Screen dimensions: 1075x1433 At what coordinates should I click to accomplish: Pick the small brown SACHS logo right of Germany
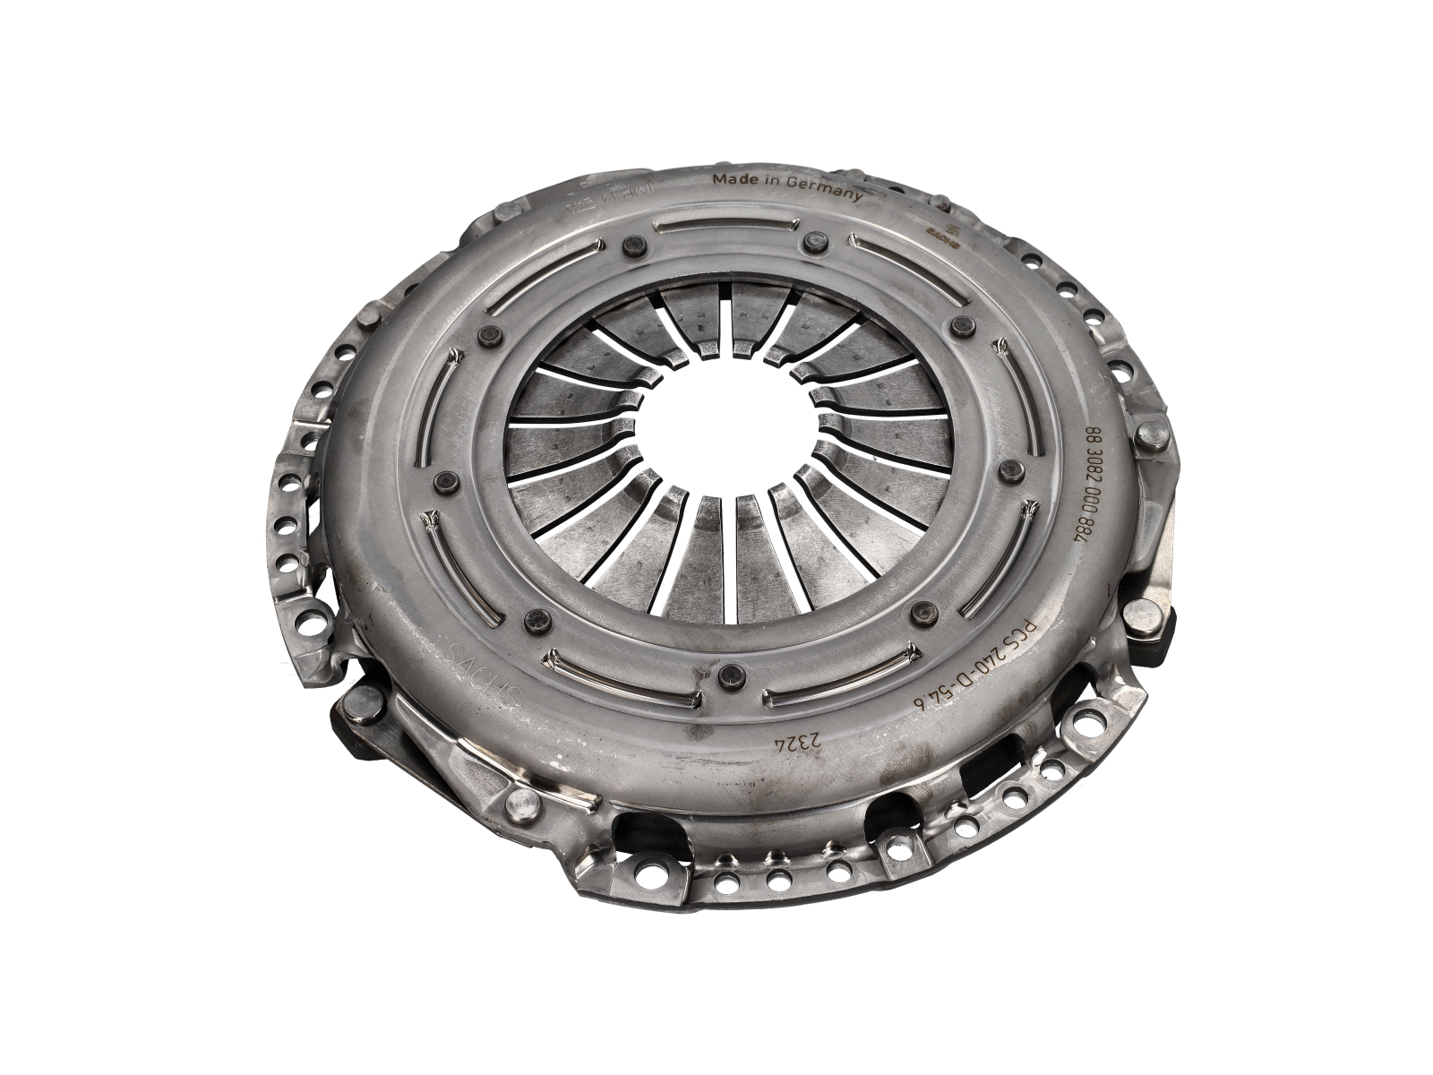948,227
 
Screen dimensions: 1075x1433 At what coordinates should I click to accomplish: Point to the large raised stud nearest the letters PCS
1141,615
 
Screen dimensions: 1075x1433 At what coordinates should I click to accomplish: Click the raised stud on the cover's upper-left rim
369,320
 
